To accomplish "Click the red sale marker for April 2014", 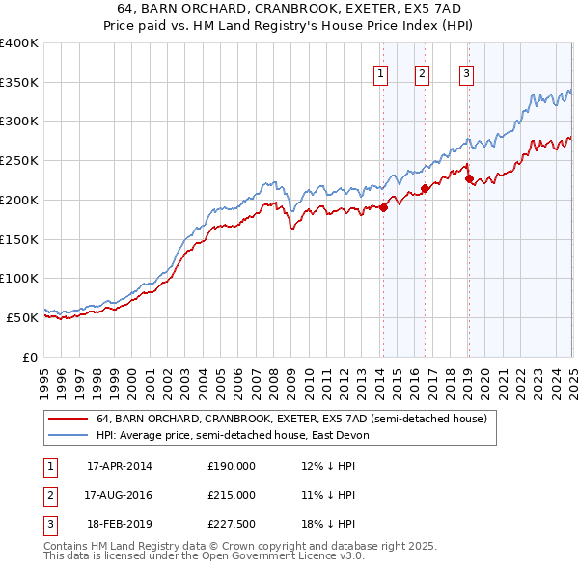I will click(x=383, y=206).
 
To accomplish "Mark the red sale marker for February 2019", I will click(x=469, y=177).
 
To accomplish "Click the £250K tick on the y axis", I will click(x=19, y=160).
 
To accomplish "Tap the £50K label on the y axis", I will click(x=22, y=317).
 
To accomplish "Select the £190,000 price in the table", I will click(x=232, y=466).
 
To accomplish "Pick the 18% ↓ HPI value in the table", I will click(x=328, y=524).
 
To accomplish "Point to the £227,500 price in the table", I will click(x=232, y=524).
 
